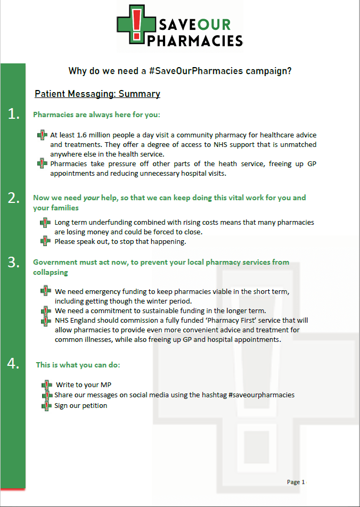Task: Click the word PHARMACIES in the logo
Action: [195, 40]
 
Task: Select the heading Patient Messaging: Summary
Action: [97, 94]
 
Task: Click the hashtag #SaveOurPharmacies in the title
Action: [196, 71]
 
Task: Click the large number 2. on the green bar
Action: [14, 198]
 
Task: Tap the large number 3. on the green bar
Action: [14, 262]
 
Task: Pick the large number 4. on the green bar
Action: [14, 364]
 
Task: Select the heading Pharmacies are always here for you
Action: [96, 115]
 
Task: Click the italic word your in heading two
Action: [91, 198]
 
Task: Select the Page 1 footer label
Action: [296, 482]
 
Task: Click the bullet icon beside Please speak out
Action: [45, 241]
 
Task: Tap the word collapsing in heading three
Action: [51, 272]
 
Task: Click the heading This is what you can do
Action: [78, 365]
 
